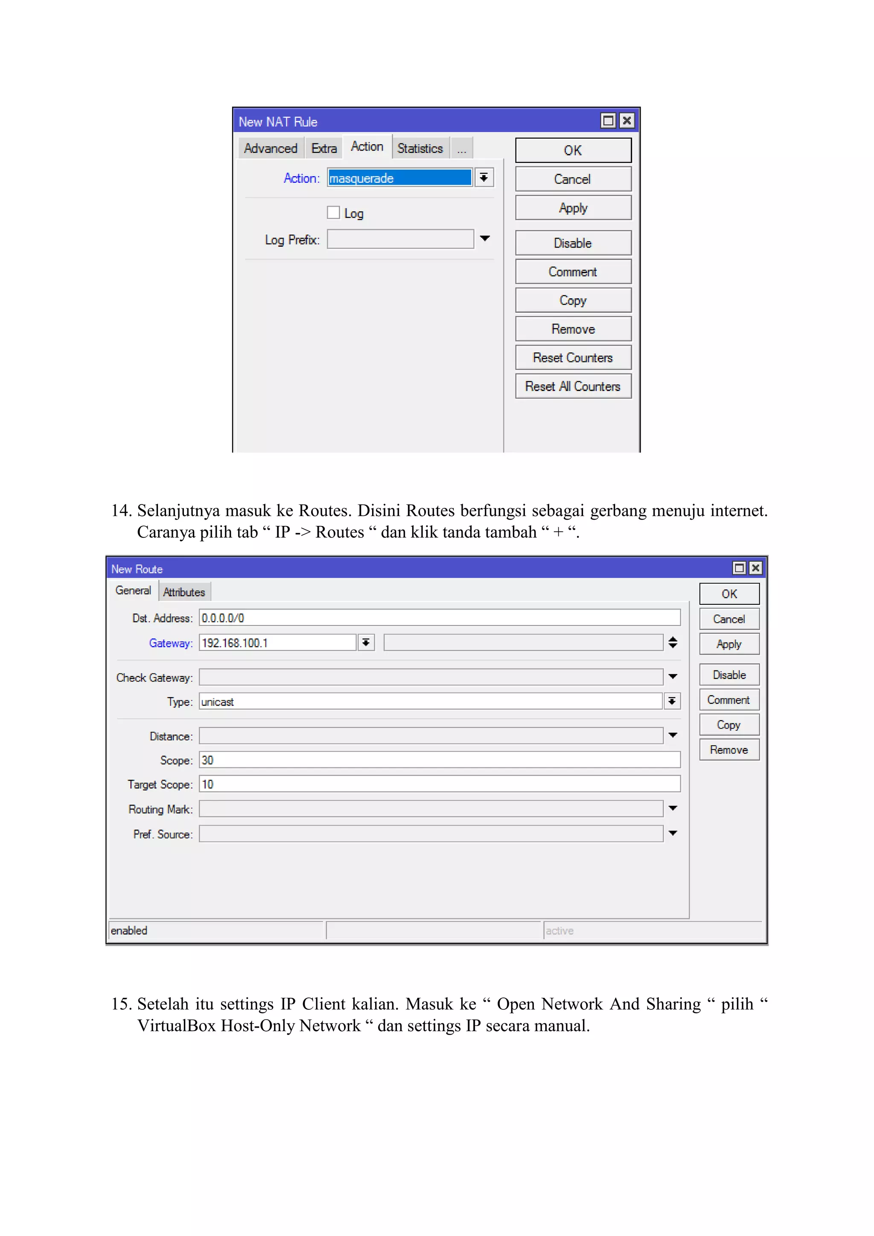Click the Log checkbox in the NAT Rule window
click(x=334, y=213)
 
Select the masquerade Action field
click(x=399, y=178)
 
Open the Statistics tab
click(x=420, y=149)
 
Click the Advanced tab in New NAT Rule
click(x=270, y=149)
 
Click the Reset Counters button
click(x=573, y=358)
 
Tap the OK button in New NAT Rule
click(x=573, y=151)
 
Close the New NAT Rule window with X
click(x=626, y=121)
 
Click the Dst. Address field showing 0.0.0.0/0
click(x=439, y=618)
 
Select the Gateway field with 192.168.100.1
click(x=277, y=643)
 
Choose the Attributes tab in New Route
click(x=184, y=592)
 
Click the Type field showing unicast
click(x=431, y=702)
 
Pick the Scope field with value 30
click(x=439, y=760)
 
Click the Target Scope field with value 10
click(x=439, y=784)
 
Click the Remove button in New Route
click(x=729, y=750)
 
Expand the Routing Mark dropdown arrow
click(x=673, y=808)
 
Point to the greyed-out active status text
click(x=560, y=931)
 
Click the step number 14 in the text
click(x=121, y=510)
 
